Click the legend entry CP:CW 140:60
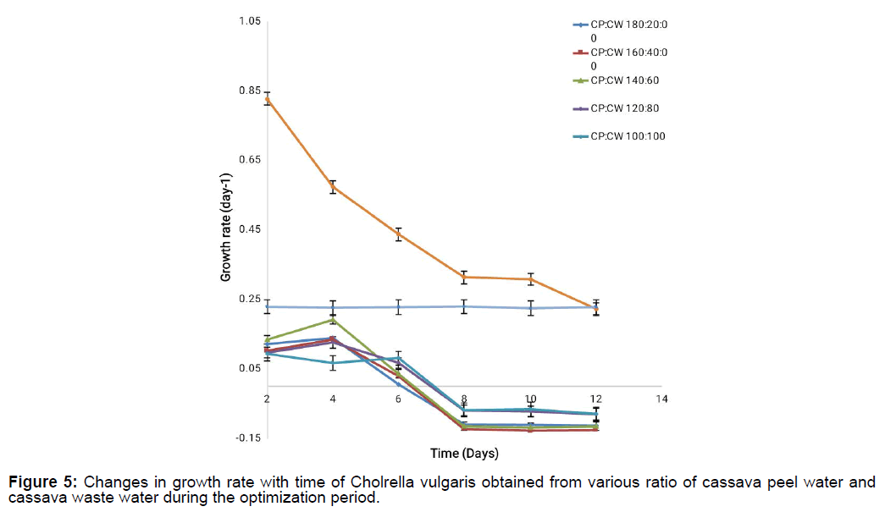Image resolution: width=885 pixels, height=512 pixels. (x=624, y=80)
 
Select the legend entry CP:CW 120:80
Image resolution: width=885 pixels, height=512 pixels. (x=624, y=108)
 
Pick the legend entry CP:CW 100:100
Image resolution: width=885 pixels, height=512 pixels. (x=628, y=136)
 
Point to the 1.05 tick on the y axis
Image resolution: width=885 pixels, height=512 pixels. (x=247, y=21)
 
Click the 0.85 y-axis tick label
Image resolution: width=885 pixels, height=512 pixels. (x=247, y=91)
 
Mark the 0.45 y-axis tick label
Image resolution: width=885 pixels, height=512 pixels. (x=247, y=229)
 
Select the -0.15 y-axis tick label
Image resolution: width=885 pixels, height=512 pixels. (x=246, y=438)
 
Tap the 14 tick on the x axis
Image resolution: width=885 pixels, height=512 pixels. (x=662, y=399)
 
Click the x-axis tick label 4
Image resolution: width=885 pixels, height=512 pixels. (x=333, y=399)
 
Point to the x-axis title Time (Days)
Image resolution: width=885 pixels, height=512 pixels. (x=464, y=453)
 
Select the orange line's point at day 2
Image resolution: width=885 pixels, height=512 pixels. (x=268, y=99)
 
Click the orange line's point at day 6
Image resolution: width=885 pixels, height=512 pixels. (x=398, y=234)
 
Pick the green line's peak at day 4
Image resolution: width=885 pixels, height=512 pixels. (x=333, y=319)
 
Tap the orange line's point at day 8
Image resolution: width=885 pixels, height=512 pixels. (x=464, y=277)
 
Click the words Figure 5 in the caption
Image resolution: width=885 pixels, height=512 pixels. (x=41, y=482)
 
